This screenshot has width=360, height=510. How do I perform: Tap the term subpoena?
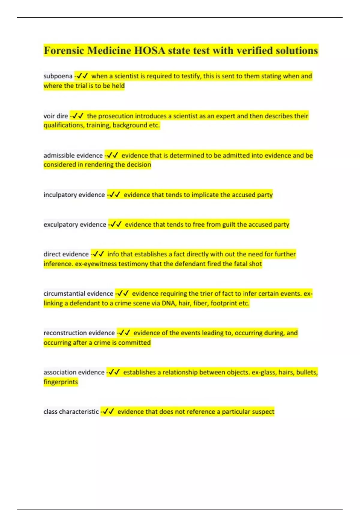58,76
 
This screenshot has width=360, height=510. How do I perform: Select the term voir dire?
56,116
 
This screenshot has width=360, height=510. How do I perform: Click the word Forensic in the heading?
64,50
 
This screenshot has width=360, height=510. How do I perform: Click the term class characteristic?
71,412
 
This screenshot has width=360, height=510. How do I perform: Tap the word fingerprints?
61,382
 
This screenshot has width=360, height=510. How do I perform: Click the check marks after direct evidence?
98,254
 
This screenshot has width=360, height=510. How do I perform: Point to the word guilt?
229,225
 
